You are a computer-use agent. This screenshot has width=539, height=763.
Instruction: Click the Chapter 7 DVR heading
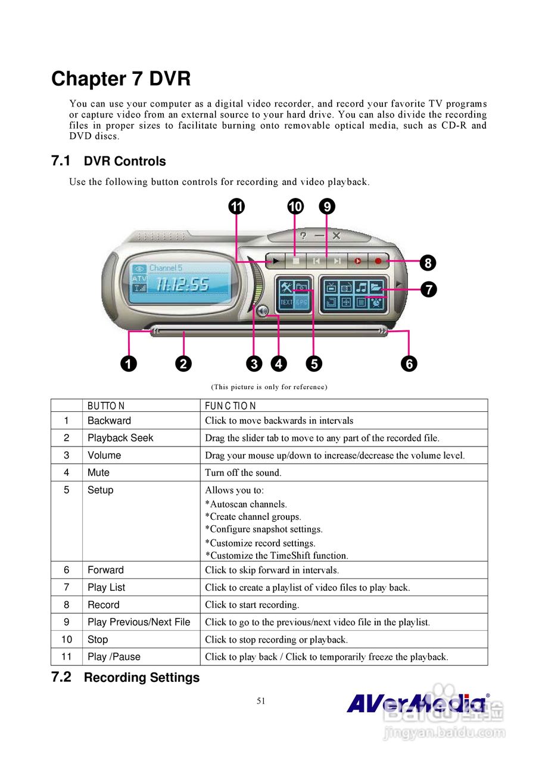point(121,79)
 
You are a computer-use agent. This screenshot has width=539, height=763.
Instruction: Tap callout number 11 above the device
point(237,207)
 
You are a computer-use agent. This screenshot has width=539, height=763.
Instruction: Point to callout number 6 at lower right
point(409,363)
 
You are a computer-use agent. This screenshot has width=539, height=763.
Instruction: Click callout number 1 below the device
point(128,363)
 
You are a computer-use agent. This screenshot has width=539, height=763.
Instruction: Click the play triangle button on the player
point(276,260)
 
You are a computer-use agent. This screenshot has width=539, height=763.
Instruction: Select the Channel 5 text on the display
point(166,268)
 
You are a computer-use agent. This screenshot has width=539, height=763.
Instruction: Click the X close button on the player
point(337,236)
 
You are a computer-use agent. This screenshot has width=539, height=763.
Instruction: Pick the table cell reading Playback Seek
point(120,438)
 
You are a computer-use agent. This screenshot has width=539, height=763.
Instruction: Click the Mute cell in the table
point(99,473)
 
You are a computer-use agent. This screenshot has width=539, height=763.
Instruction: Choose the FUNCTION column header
point(230,407)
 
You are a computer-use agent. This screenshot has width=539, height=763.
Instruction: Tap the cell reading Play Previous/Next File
point(139,622)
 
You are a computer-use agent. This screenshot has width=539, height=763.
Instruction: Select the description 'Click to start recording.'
point(252,605)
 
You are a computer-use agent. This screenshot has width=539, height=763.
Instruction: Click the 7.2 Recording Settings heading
point(126,678)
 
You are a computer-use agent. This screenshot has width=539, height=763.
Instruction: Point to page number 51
point(261,701)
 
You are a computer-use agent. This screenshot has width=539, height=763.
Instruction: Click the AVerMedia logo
point(417,703)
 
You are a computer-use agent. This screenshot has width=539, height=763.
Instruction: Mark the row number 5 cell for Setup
point(67,490)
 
